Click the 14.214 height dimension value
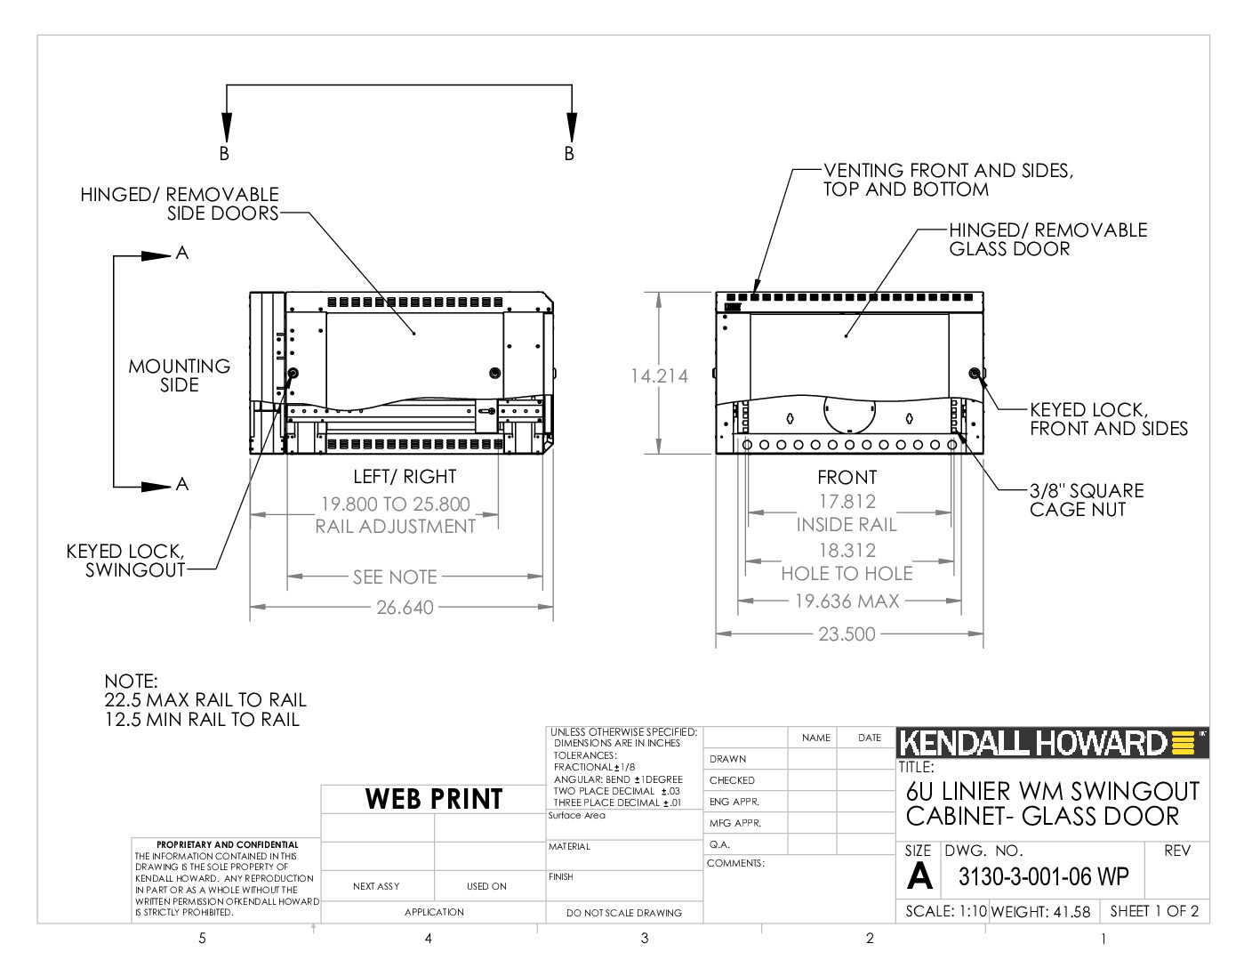(x=659, y=375)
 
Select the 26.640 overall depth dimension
(x=405, y=607)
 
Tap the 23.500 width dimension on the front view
(x=847, y=634)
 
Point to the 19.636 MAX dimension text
(x=847, y=601)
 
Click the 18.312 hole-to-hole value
(x=847, y=551)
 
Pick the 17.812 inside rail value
(x=847, y=502)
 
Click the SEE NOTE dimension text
(x=395, y=577)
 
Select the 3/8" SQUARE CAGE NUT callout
(x=1087, y=500)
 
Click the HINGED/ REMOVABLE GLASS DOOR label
(x=1048, y=239)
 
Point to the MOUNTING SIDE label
(x=180, y=375)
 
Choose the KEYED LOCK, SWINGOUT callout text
(x=125, y=561)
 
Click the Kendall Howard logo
(x=1052, y=743)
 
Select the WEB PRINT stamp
(x=434, y=799)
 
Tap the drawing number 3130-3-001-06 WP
(x=1043, y=876)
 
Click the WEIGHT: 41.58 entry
(x=1040, y=911)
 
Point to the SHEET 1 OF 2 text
(x=1154, y=911)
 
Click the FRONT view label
(x=847, y=478)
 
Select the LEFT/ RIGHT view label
(x=405, y=477)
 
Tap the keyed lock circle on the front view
(x=975, y=373)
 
